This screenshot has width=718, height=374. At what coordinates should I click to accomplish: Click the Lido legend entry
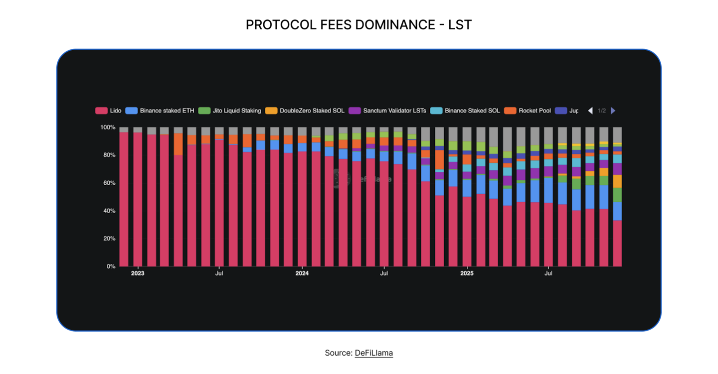[x=108, y=111]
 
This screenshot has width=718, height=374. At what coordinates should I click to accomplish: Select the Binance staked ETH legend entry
[x=160, y=111]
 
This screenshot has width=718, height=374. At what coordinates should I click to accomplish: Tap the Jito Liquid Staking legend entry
[x=229, y=111]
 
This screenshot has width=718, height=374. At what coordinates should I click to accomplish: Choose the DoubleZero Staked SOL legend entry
[x=305, y=111]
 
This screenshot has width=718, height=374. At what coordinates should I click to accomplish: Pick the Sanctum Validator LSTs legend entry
[x=387, y=111]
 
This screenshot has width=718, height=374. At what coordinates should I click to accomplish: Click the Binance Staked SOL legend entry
[x=465, y=111]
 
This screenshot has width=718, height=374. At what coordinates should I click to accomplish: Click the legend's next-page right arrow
[x=613, y=111]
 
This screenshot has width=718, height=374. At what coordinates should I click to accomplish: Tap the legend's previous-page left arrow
[x=590, y=111]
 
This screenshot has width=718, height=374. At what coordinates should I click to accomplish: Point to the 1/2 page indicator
[x=602, y=111]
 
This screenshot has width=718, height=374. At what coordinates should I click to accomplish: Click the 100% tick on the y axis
[x=108, y=127]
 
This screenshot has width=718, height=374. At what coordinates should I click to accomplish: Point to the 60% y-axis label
[x=109, y=183]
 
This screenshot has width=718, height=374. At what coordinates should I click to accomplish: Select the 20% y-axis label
[x=109, y=239]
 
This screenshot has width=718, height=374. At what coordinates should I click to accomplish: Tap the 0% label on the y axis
[x=111, y=266]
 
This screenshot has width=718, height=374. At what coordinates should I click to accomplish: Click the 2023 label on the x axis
[x=138, y=273]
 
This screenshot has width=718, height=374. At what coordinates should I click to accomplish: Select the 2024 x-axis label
[x=302, y=273]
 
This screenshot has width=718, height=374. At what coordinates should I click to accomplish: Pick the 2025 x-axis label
[x=466, y=273]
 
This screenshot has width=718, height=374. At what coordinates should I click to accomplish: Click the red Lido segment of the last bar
[x=617, y=244]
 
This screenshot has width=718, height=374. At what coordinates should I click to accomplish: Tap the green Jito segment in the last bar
[x=617, y=195]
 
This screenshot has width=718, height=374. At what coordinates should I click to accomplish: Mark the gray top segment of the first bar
[x=124, y=129]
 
